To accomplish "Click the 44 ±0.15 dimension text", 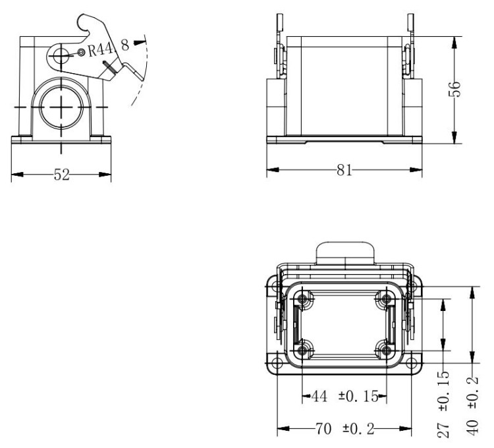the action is pos(343,397).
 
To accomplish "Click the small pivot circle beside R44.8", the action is pos(81,51).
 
